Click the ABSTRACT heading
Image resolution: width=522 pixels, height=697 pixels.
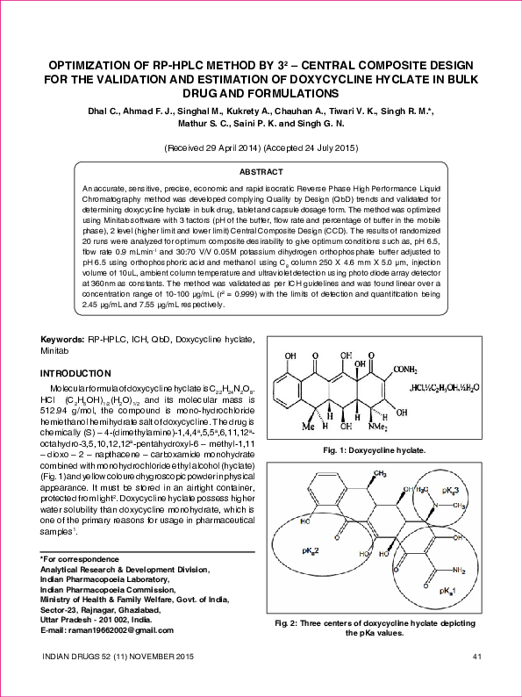pyautogui.click(x=261, y=172)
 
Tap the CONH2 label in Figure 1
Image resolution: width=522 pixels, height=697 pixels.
pyautogui.click(x=410, y=369)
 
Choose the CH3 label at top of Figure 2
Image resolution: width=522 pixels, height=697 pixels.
pyautogui.click(x=380, y=473)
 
